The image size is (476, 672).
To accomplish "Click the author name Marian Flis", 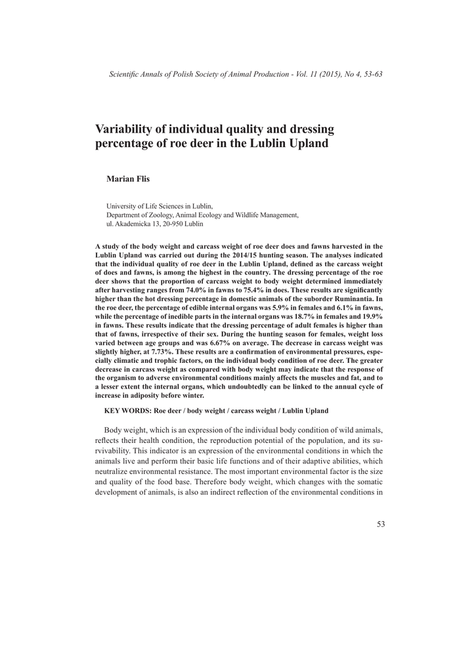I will tap(128, 179).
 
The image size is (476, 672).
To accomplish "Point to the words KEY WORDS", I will tap(127, 410).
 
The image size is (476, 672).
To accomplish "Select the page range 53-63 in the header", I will tap(370, 73).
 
